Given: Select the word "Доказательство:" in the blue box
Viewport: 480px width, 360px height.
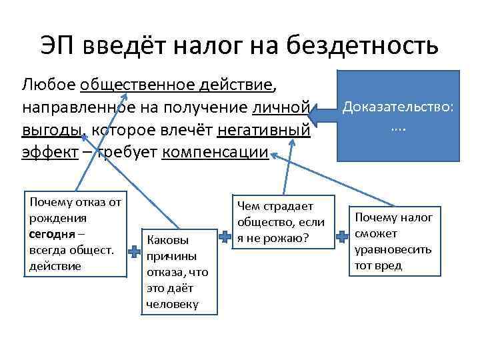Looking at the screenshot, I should point(397,107).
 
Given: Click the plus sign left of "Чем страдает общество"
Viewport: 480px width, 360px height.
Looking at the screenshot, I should point(225,237).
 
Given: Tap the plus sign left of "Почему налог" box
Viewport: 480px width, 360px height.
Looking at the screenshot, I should point(341,237).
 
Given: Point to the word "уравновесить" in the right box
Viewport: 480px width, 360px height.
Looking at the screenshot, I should point(393,250).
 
